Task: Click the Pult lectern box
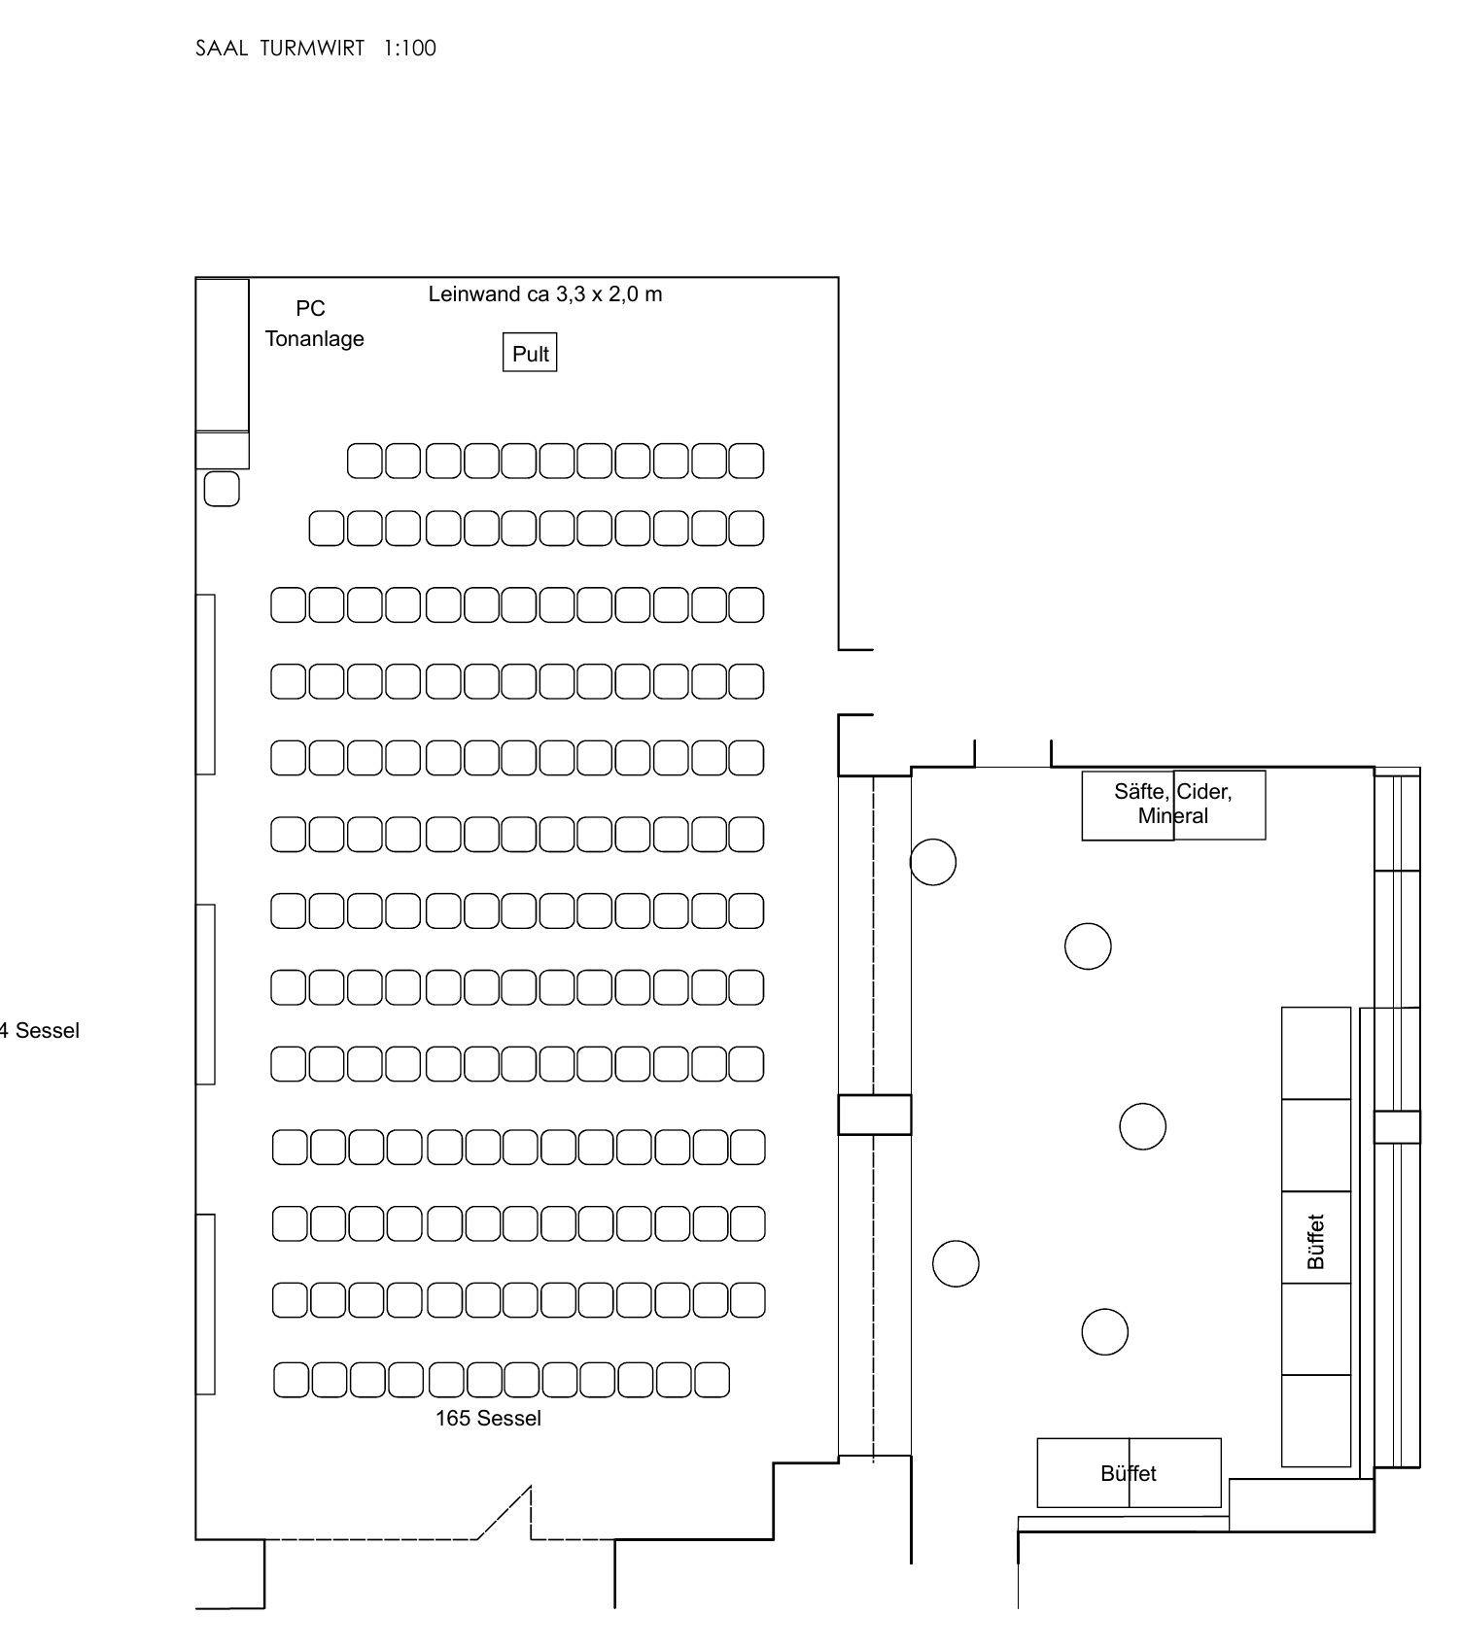530,353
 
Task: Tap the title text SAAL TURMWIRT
280,49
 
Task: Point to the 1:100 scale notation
409,49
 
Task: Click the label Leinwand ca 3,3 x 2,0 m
545,294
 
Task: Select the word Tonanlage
315,339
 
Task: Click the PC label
310,309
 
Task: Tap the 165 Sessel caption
488,1419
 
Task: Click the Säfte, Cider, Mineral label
1173,805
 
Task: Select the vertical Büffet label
1316,1242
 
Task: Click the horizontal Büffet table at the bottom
1129,1473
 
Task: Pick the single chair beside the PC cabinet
222,489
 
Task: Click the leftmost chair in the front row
365,461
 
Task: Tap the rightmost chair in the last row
712,1380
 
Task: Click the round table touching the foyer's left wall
933,862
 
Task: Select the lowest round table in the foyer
1105,1332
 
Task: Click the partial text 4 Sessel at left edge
40,1031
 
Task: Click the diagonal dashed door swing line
504,1512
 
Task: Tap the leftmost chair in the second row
327,529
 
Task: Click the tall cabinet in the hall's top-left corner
223,355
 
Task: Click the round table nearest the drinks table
1088,946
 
